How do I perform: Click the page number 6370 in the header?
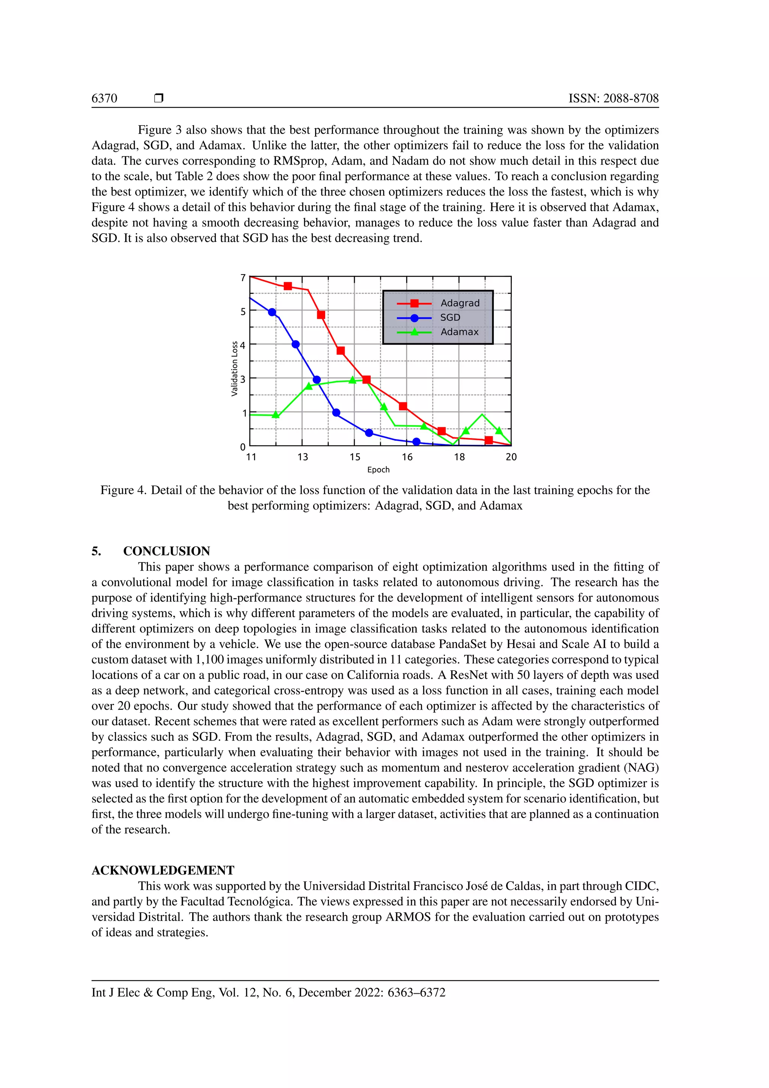click(104, 98)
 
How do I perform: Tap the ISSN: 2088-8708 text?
click(613, 98)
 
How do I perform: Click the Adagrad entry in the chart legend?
click(459, 303)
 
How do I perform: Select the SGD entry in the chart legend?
click(450, 317)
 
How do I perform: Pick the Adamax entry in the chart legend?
click(459, 332)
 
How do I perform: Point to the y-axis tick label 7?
click(243, 278)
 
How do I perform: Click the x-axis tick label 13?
click(303, 457)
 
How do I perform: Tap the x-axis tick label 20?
click(511, 457)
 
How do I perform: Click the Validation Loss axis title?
click(234, 368)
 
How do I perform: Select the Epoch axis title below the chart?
click(378, 470)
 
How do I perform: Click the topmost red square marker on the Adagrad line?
click(287, 286)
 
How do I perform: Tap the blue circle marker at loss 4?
click(296, 345)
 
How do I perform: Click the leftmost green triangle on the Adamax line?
click(276, 415)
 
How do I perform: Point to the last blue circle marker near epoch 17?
click(416, 442)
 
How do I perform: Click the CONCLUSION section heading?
click(166, 551)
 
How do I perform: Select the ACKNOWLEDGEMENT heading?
click(163, 870)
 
